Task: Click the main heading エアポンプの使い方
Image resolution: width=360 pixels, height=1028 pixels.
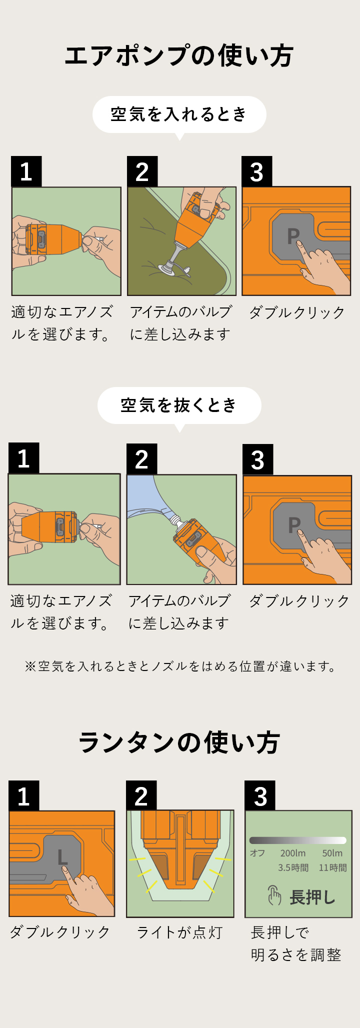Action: coord(179,55)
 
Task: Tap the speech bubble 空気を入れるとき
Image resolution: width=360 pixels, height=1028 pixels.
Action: coord(179,114)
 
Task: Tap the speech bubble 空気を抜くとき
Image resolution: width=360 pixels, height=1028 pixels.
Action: coord(179,405)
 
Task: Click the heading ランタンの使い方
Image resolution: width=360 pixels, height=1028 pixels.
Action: coord(179,742)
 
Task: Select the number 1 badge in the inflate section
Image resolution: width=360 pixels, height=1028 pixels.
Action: coord(26,171)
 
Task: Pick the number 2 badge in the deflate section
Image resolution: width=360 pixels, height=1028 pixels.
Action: coord(141,459)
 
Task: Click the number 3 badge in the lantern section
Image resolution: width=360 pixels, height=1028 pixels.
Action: coord(260,796)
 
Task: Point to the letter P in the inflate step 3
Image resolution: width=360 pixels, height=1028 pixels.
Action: coord(293,236)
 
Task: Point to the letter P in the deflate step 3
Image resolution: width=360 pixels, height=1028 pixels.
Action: coord(294,524)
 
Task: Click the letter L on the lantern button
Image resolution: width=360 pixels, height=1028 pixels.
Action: coord(62,857)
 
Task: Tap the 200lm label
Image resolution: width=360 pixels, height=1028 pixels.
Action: coord(292,853)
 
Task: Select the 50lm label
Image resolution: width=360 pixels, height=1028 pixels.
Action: coord(332,853)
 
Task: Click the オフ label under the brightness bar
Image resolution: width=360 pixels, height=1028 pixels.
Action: coord(257,853)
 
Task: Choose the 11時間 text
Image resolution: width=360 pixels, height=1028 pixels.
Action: coord(332,867)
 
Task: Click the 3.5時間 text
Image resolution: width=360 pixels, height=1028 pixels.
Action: coord(293,867)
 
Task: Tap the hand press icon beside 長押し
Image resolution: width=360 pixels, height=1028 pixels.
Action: coord(274,895)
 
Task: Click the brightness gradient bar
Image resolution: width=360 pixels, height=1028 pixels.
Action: coord(298,840)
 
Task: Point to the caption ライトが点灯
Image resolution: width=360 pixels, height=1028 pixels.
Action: coord(179,932)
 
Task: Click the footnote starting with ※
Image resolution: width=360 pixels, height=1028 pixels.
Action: coord(180,666)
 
